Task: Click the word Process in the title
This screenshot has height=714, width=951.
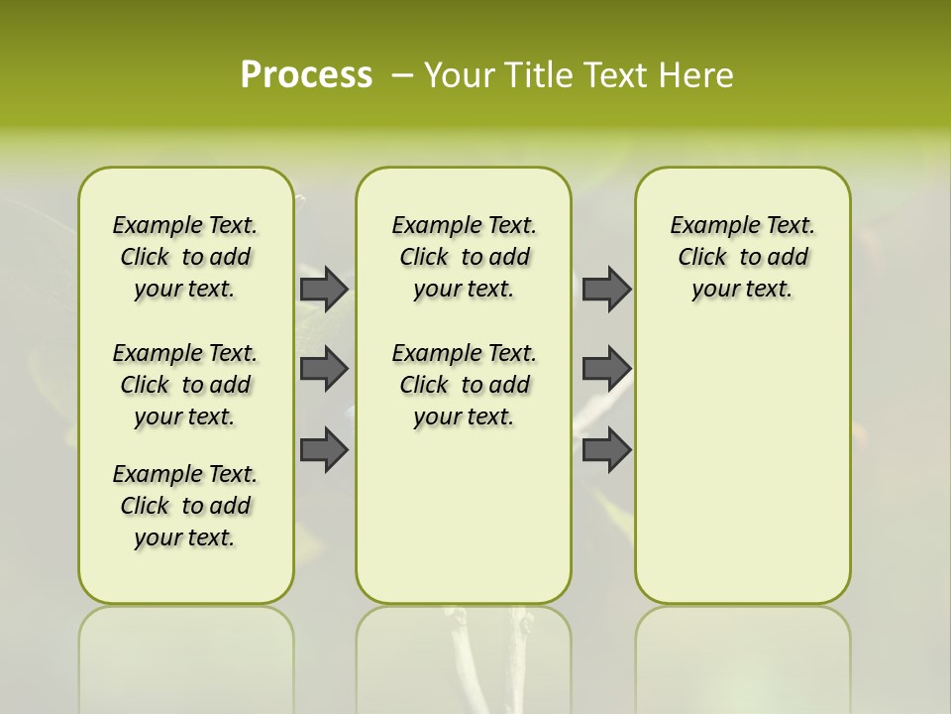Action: (x=306, y=74)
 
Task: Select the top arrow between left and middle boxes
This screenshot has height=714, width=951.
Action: (x=323, y=289)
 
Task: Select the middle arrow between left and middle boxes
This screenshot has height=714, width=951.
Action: (x=323, y=369)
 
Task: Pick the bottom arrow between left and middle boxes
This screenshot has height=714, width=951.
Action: (x=323, y=449)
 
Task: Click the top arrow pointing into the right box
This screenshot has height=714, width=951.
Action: (x=606, y=289)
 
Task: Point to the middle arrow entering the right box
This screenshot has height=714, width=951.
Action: (x=606, y=369)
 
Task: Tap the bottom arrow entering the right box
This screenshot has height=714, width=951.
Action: (x=606, y=449)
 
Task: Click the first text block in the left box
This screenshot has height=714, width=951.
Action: (x=185, y=257)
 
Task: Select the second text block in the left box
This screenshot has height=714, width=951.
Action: (x=185, y=385)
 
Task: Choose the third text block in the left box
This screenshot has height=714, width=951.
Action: (x=185, y=506)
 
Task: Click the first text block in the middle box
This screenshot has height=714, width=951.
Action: (x=464, y=257)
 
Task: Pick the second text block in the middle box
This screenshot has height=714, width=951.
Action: (x=464, y=385)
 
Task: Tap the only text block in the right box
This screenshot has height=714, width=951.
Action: (x=742, y=257)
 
